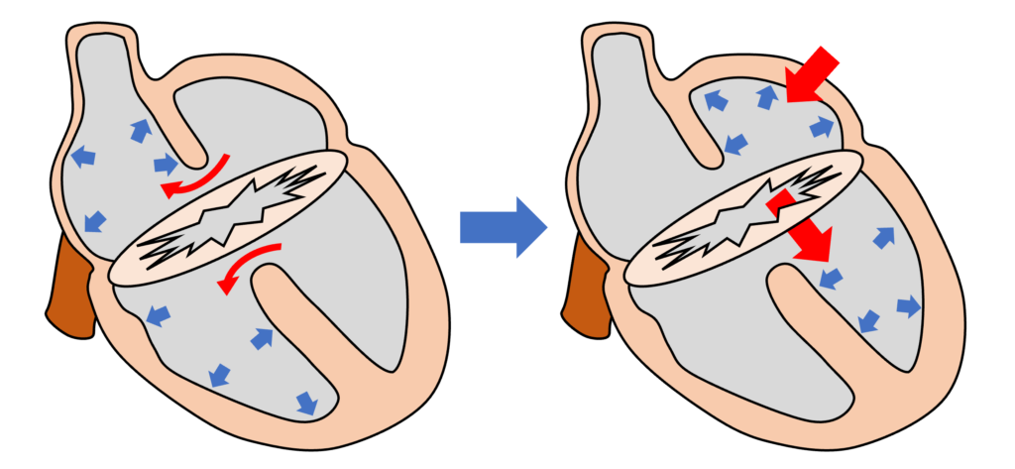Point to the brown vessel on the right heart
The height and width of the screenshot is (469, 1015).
click(585, 293)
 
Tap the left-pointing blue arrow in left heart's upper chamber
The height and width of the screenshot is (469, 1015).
click(83, 156)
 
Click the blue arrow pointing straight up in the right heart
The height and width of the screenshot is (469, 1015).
click(767, 96)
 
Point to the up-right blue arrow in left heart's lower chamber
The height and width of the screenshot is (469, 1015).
click(262, 338)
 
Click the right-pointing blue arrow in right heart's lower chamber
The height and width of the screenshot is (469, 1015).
click(908, 306)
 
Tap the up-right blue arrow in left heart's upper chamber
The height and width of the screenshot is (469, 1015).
click(140, 129)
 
